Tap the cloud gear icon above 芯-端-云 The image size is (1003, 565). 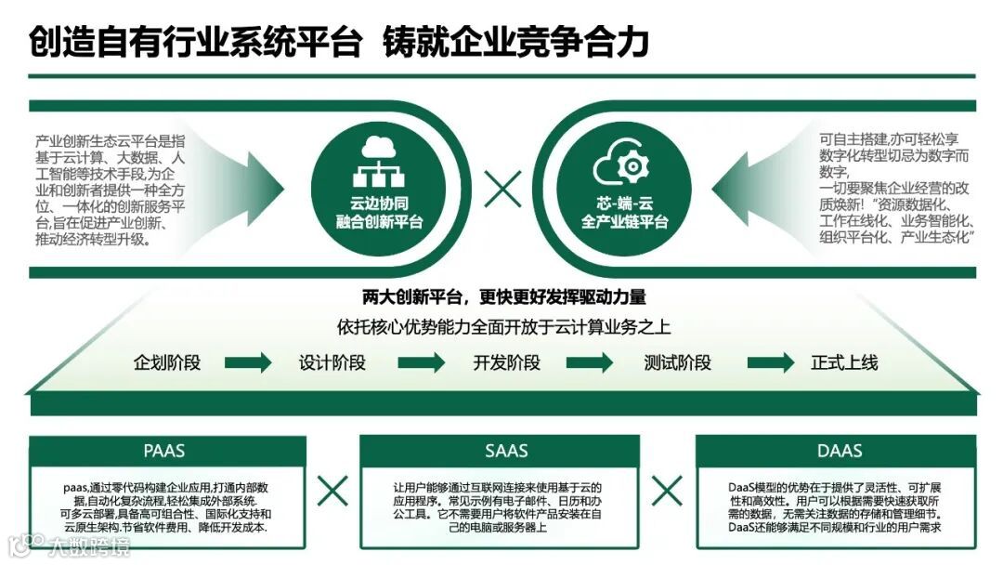(623, 166)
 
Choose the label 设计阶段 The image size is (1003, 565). (332, 362)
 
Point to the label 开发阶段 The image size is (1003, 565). (506, 362)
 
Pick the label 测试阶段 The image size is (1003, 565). (678, 362)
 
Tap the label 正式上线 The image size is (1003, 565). (844, 362)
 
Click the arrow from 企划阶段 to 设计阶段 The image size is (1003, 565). (248, 362)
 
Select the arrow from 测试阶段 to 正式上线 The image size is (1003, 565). (771, 362)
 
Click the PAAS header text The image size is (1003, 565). (164, 452)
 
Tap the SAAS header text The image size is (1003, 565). (506, 452)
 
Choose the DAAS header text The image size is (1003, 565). (840, 452)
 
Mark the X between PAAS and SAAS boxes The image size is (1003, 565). (332, 490)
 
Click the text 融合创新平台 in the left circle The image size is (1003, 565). (379, 222)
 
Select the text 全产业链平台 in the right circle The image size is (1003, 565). (624, 222)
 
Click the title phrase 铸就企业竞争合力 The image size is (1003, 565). (515, 42)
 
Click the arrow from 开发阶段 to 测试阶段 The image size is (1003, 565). (593, 362)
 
